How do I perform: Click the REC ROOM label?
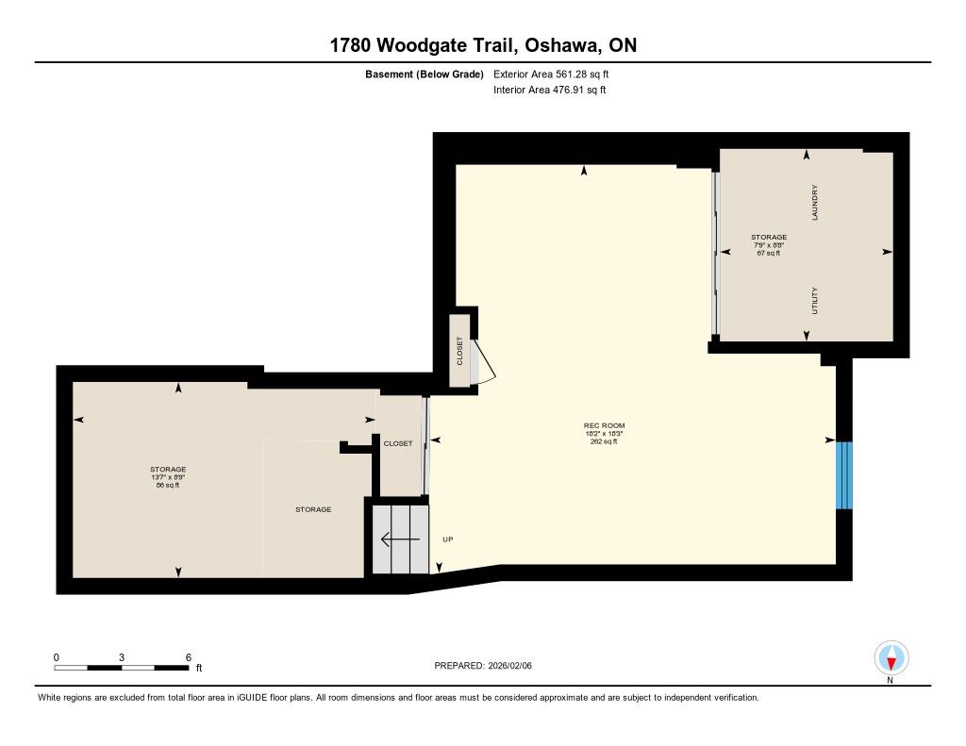(604, 425)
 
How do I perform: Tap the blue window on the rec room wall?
(844, 475)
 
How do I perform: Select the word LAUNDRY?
(814, 203)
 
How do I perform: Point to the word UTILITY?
(814, 301)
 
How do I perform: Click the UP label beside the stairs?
(448, 539)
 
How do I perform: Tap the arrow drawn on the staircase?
(400, 539)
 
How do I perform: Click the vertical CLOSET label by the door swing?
(459, 351)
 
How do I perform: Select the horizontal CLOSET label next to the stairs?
(398, 443)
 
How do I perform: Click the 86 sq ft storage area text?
(168, 486)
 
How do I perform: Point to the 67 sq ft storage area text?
(768, 253)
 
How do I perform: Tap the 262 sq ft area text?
(604, 441)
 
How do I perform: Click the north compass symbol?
(891, 658)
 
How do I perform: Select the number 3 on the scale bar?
(122, 657)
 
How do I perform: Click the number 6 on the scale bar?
(189, 657)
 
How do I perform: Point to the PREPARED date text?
(483, 665)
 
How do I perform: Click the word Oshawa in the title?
(561, 45)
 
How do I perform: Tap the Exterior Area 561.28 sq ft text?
(551, 74)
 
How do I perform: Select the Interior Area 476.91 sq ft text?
(550, 90)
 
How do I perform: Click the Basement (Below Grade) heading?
(425, 75)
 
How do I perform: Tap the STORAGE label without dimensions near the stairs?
(313, 509)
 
